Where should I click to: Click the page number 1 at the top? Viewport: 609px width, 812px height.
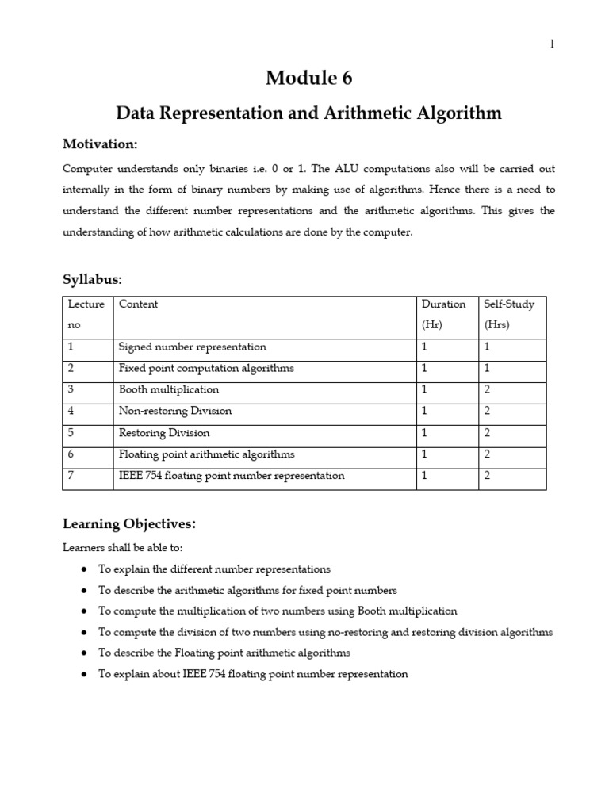point(552,44)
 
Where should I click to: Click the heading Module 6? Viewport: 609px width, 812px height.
point(308,78)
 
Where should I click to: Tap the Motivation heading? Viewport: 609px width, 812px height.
point(99,144)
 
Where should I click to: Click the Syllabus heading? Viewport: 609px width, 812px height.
point(92,279)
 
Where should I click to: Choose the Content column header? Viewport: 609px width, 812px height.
point(138,304)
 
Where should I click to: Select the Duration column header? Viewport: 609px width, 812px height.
point(443,304)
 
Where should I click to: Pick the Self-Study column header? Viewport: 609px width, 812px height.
point(509,304)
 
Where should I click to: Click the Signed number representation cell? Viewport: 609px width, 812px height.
point(192,347)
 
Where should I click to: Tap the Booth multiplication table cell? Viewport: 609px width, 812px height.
point(169,389)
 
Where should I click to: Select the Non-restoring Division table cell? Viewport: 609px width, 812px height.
point(175,411)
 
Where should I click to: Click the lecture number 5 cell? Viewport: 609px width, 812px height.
point(71,433)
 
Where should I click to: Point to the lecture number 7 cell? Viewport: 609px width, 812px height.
point(71,476)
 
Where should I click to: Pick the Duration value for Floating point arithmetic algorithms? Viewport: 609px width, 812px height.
point(424,454)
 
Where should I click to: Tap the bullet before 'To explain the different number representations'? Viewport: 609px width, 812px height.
point(84,569)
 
